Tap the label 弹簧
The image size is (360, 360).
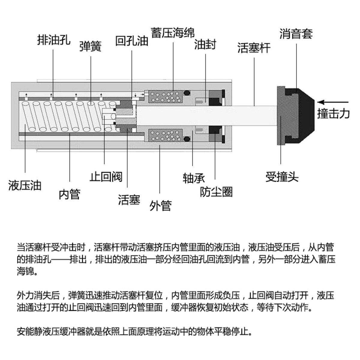90,46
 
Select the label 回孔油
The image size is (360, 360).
132,41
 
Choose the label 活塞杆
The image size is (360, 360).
254,48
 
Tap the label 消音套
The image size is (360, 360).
296,34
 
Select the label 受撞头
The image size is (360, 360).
282,177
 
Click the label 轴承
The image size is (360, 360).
193,178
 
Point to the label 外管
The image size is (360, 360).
160,206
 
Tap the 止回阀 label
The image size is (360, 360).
106,177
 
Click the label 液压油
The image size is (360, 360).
25,185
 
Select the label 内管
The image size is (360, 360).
69,194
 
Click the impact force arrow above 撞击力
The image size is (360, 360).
333,102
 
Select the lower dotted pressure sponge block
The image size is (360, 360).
166,135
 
